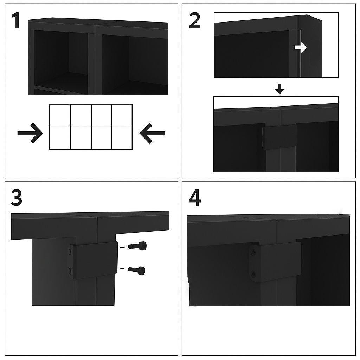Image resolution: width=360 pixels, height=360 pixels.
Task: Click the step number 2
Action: coord(195,21)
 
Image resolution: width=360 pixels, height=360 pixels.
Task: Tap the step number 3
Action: coord(16,198)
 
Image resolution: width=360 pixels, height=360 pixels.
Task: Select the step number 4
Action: coord(194,198)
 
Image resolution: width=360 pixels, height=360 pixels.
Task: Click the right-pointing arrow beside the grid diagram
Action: coord(30,133)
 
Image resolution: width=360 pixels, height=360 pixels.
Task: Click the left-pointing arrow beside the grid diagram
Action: coord(152,133)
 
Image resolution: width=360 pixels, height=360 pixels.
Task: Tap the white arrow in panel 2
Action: coord(301,48)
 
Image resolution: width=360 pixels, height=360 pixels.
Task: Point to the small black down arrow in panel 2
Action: coord(279,90)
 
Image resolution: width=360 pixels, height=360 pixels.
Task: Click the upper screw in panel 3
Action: coord(137,246)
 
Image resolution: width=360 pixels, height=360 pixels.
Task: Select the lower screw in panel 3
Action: coord(137,270)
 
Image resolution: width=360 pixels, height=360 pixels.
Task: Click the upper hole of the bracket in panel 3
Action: coord(71,251)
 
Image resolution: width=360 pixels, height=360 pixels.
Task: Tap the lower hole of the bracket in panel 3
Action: coord(71,270)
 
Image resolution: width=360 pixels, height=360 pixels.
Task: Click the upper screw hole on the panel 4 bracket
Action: coord(253,252)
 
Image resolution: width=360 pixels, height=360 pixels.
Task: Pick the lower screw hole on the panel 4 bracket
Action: coord(253,274)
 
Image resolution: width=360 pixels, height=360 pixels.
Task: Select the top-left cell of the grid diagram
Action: coord(60,115)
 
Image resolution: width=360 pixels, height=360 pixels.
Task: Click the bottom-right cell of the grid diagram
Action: coord(122,137)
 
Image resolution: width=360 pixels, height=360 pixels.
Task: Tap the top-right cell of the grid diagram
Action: coord(122,115)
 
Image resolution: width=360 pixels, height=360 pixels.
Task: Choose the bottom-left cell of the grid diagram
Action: coord(60,137)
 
